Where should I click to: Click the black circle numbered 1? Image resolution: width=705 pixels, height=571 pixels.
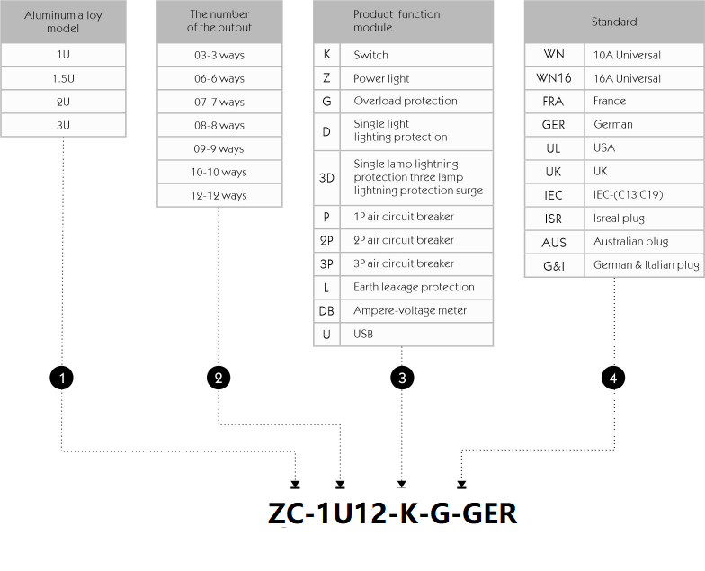coord(61,378)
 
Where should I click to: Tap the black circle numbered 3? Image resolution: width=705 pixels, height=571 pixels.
coord(402,378)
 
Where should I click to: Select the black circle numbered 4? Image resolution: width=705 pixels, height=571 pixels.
coord(613,378)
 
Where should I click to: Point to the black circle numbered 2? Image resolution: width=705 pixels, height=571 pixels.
coord(219,378)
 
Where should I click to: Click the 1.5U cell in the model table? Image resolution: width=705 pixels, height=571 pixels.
coord(63,78)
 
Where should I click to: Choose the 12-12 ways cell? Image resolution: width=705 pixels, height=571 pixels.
coord(219,196)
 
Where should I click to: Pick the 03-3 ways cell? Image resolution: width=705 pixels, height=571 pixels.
coord(219,55)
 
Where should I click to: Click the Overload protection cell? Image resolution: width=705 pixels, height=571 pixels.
coord(416,101)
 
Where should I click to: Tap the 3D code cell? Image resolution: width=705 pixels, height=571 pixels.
coord(327,178)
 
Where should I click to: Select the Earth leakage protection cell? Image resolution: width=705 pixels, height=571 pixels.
coord(416,288)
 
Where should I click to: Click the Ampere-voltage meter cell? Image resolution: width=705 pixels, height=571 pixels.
coord(416,311)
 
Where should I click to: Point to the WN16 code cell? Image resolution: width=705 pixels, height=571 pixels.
coord(554,78)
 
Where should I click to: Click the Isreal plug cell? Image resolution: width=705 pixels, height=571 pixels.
coord(644,219)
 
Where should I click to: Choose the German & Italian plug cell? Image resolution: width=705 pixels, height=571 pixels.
coord(644,265)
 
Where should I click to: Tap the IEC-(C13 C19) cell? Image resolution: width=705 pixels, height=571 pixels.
coord(644,195)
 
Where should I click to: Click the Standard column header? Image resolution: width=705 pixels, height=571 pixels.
coord(614,22)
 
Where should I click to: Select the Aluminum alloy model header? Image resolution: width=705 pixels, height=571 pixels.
coord(63,22)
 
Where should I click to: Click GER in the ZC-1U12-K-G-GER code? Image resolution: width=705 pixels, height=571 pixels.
coord(489,513)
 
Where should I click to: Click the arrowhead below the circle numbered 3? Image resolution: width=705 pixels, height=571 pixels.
coord(401,484)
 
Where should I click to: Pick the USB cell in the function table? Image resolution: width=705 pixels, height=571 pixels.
coord(416,335)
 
